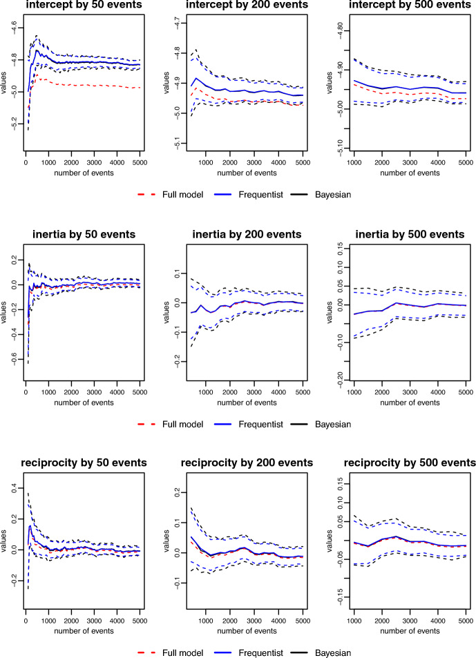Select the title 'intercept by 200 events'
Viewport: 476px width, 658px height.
point(238,8)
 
